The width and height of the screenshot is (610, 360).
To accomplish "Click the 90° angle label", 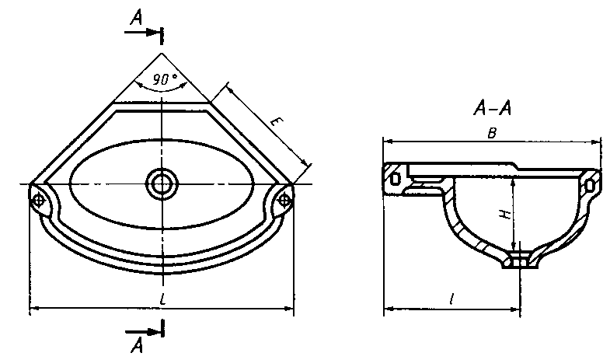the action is [x=165, y=79].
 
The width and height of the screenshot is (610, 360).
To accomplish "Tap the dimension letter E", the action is [x=276, y=122].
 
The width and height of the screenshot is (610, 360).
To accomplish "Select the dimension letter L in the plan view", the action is [x=163, y=299].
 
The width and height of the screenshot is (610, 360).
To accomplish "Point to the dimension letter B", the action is [x=492, y=134].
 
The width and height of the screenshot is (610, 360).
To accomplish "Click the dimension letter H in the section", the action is [x=505, y=214].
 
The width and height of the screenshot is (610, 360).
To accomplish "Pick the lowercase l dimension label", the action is [x=451, y=299].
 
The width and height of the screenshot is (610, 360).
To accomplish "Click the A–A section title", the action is [x=492, y=108].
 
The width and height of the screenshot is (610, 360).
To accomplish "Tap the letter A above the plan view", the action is [x=136, y=18].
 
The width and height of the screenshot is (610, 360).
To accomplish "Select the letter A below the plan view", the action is [x=137, y=345].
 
